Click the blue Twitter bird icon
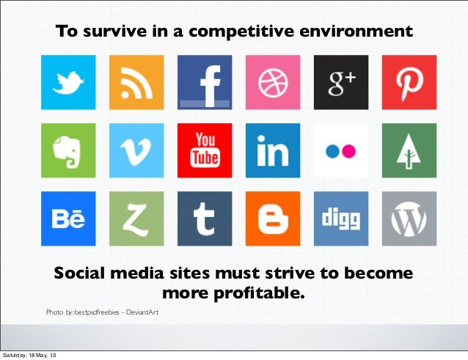[x=68, y=82]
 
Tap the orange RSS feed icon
[x=136, y=82]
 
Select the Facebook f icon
[x=205, y=82]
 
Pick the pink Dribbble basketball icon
[x=273, y=82]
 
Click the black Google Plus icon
[x=341, y=82]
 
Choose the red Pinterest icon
[x=409, y=82]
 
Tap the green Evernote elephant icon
[x=68, y=150]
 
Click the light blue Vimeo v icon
[x=136, y=150]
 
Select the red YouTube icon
[x=205, y=150]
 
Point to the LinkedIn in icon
[x=273, y=150]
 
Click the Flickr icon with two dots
[x=341, y=150]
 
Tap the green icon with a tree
[x=409, y=150]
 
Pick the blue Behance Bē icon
[x=68, y=218]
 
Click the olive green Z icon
[x=136, y=218]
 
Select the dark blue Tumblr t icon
[x=205, y=218]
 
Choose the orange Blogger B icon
[x=273, y=218]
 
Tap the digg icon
[x=341, y=218]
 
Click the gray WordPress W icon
[x=409, y=218]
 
